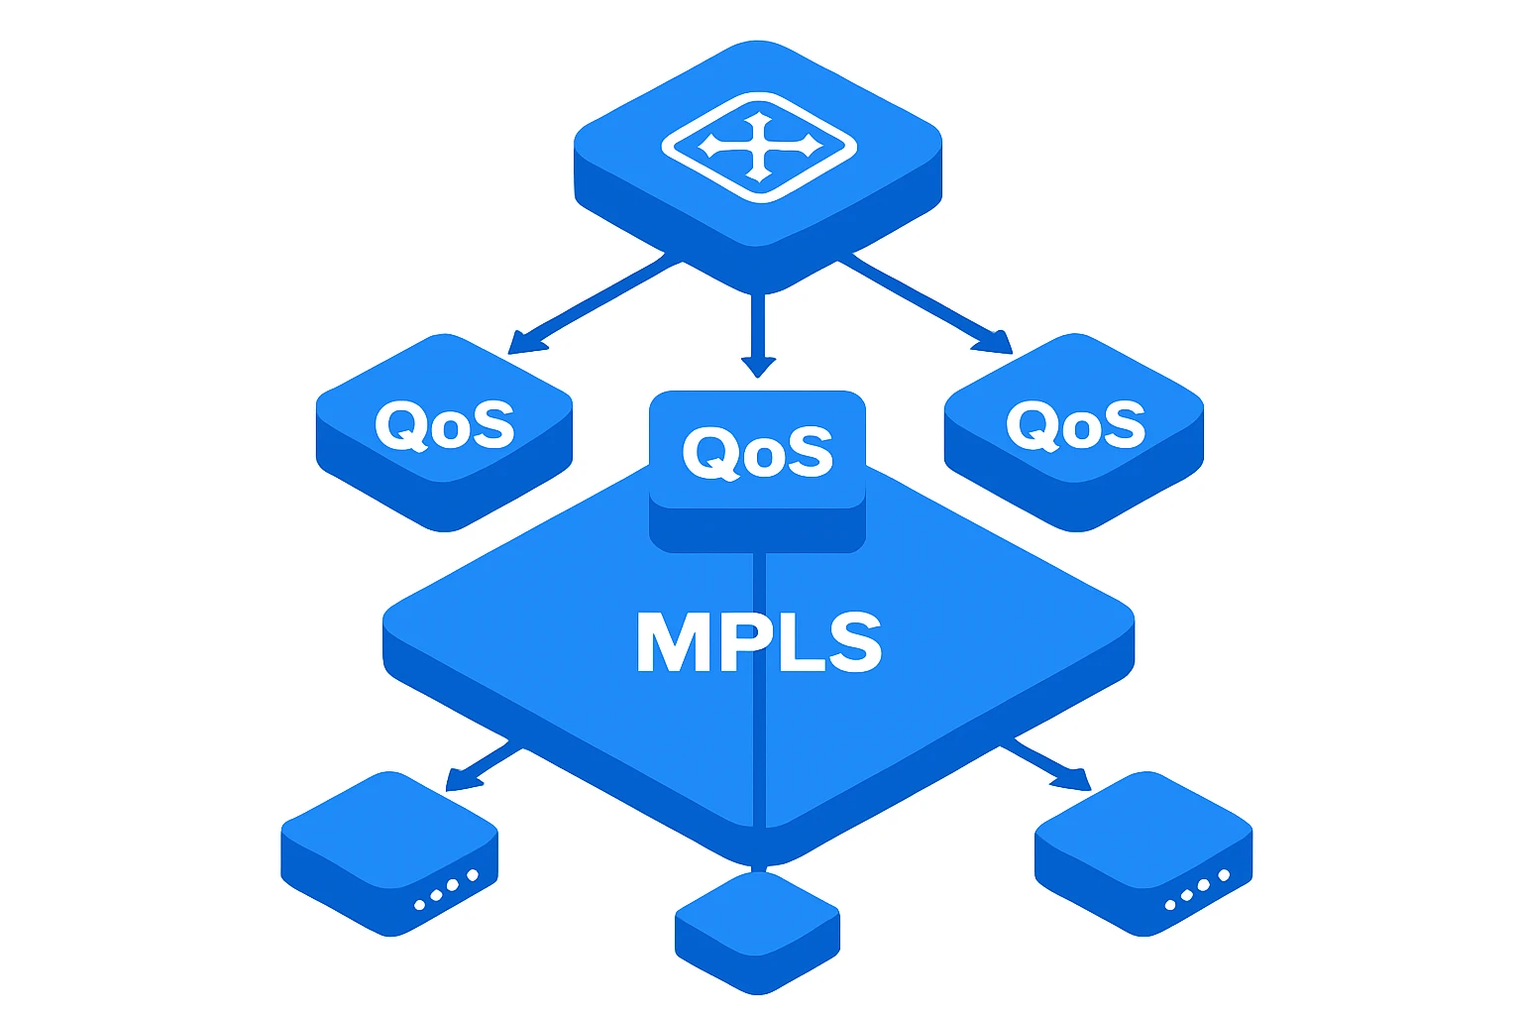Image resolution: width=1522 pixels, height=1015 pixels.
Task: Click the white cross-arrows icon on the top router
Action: (x=760, y=148)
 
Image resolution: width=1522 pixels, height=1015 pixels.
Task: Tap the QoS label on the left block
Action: (x=445, y=425)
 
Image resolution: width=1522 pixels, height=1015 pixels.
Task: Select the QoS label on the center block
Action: (x=758, y=453)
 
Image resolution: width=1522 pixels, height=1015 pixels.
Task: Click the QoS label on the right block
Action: (x=1075, y=425)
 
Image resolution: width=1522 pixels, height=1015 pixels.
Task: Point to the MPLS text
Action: (x=759, y=642)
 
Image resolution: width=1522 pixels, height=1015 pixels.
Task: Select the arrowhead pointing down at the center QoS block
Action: (x=758, y=367)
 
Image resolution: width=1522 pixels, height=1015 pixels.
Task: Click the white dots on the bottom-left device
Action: (x=447, y=890)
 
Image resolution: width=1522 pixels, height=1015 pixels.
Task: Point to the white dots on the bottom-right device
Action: (x=1197, y=890)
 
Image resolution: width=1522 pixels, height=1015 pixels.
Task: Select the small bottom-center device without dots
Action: (x=758, y=933)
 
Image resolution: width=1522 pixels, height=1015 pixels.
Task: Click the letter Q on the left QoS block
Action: (x=400, y=425)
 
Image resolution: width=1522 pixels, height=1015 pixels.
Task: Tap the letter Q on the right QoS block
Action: (x=1032, y=425)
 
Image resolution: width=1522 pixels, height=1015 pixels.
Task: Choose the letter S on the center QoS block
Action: (x=810, y=451)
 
